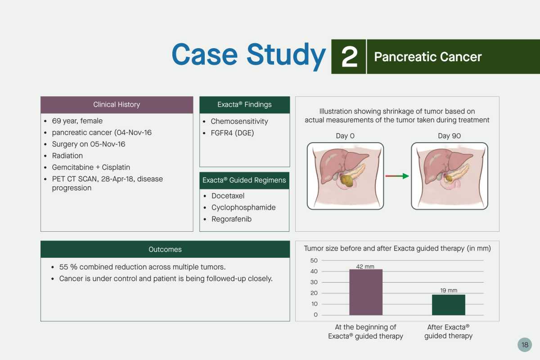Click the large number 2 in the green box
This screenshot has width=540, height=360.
click(x=349, y=57)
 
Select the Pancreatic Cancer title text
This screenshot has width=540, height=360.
click(x=427, y=57)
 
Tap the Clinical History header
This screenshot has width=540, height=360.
click(x=117, y=105)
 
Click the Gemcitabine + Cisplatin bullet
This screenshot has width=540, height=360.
click(x=91, y=167)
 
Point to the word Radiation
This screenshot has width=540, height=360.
click(x=67, y=156)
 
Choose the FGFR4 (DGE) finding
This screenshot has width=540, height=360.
click(x=232, y=133)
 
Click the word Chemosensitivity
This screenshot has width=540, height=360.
click(x=239, y=121)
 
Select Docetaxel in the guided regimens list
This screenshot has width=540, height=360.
click(x=228, y=196)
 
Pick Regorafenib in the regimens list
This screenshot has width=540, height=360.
click(x=231, y=219)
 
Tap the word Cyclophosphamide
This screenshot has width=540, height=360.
click(x=243, y=207)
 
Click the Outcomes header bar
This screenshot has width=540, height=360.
click(x=165, y=249)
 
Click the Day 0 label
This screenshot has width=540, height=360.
click(x=345, y=136)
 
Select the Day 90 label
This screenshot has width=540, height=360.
click(x=450, y=136)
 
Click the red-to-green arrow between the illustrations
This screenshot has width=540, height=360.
click(x=397, y=176)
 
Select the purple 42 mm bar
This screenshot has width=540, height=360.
click(x=366, y=292)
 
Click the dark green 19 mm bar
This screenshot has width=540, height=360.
click(x=448, y=305)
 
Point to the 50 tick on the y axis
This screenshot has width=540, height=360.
click(x=314, y=261)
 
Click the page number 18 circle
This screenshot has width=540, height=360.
click(x=525, y=345)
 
